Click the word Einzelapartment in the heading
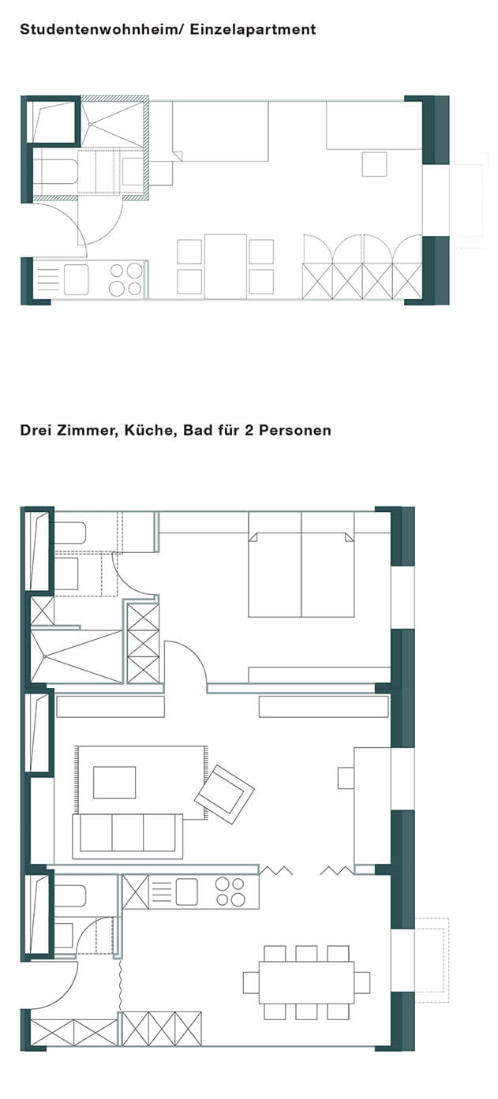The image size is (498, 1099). [253, 29]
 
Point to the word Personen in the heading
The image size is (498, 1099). [295, 430]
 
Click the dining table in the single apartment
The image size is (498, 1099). [226, 267]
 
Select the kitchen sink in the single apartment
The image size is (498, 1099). [77, 279]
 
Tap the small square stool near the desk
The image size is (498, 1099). [374, 164]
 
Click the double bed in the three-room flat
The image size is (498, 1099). [301, 564]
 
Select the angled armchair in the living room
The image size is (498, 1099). [225, 794]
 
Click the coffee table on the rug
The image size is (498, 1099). [114, 783]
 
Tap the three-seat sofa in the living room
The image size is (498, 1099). [128, 836]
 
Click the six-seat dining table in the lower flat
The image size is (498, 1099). [307, 982]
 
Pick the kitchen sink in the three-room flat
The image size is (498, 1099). [187, 892]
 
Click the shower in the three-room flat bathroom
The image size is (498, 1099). [77, 656]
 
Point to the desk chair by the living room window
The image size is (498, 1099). [346, 778]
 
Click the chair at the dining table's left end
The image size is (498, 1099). [251, 982]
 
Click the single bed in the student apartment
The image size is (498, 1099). [220, 131]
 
